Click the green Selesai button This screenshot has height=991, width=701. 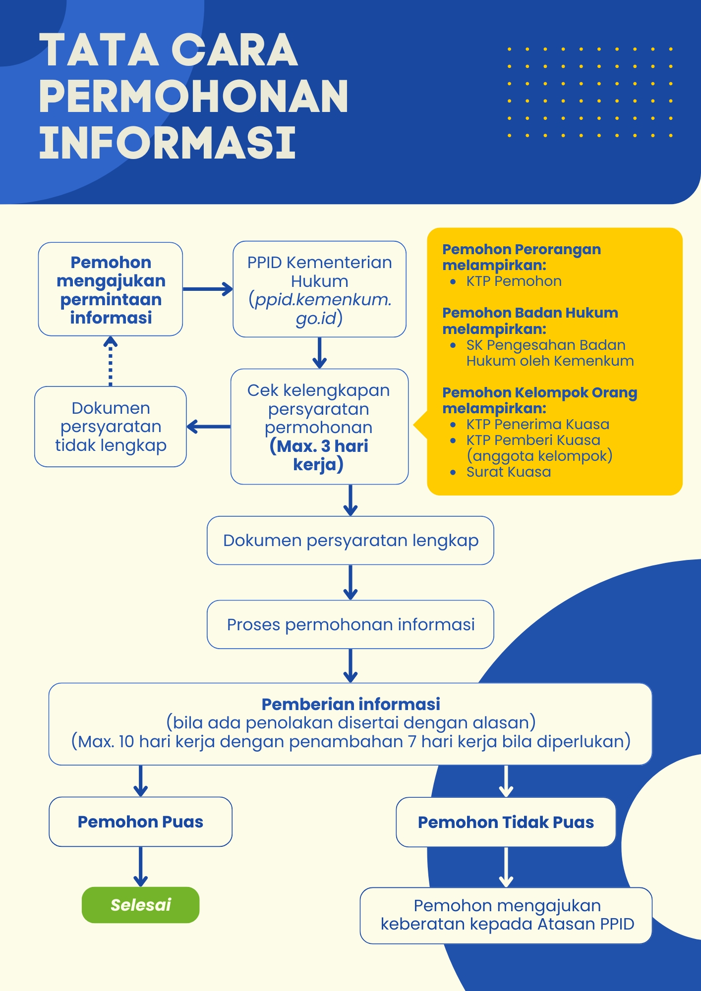140,905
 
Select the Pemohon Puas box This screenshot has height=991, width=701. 140,822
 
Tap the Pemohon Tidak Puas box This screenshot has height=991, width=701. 506,822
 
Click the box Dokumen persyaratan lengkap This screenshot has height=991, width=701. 350,540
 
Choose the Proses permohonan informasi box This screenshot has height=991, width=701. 350,624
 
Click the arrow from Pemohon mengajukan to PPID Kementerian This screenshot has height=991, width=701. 207,289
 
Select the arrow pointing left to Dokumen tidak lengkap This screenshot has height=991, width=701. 208,426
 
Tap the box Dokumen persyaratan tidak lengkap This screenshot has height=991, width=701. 111,427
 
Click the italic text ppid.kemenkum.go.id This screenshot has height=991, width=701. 320,309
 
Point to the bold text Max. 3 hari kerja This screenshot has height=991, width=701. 319,455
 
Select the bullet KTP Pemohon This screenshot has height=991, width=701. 514,281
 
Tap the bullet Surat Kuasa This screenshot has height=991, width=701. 508,472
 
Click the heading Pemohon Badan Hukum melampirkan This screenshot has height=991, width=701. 529,321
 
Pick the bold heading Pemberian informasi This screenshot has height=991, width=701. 350,704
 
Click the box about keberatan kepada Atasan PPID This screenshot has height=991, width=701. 506,915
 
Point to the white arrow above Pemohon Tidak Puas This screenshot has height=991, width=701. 506,781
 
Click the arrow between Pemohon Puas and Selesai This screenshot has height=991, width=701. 140,866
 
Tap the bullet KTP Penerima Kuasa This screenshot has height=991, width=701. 537,424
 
